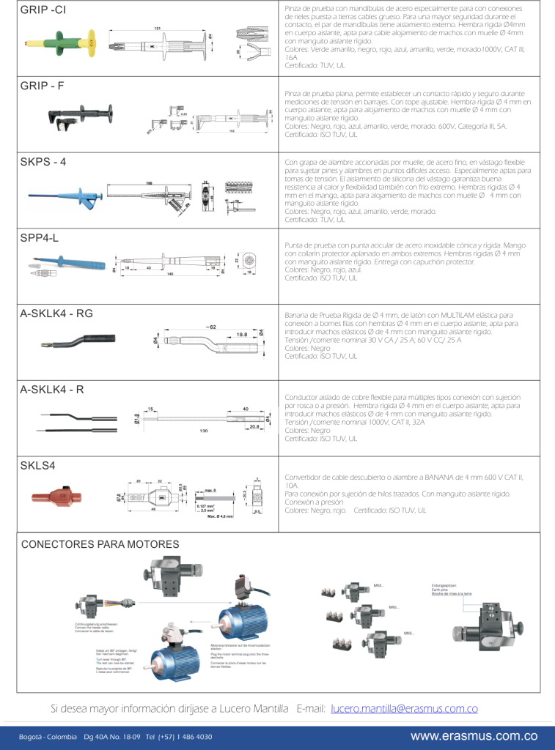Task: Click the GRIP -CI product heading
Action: pos(43,10)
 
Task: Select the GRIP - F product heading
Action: pos(42,86)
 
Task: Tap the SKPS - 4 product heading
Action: pos(43,162)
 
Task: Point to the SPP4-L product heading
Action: pos(38,238)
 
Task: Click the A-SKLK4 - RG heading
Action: pos(56,313)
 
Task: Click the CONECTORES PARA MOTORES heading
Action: pos(100,544)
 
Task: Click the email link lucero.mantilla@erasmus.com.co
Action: pos(404,708)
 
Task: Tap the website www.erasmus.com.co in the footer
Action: pos(474,736)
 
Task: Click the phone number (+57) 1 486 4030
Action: pos(183,737)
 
